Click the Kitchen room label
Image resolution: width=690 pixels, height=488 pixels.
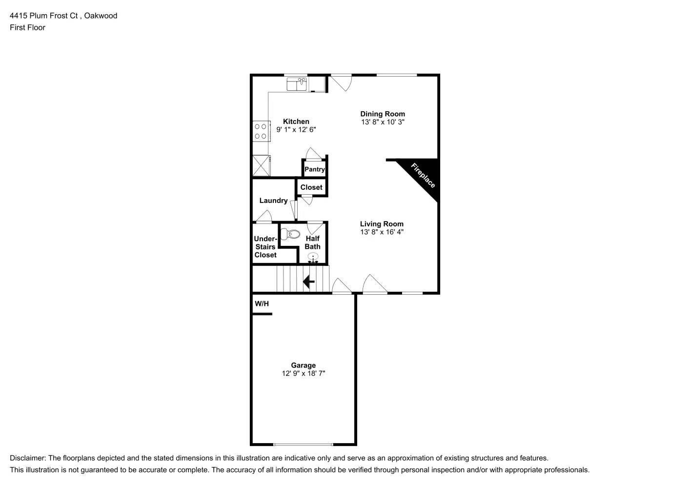click(x=296, y=122)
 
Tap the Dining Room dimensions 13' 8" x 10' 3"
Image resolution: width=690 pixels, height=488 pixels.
click(x=383, y=122)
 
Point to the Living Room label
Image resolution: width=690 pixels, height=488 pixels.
click(x=382, y=224)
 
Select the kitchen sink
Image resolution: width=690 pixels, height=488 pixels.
click(x=296, y=84)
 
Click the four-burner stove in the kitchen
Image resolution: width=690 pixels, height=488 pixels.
click(x=261, y=131)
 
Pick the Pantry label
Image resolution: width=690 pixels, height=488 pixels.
click(x=314, y=169)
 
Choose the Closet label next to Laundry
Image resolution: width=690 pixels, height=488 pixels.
click(x=311, y=187)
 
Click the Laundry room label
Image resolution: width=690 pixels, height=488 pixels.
click(x=273, y=201)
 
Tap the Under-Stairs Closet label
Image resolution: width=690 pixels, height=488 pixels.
click(x=265, y=247)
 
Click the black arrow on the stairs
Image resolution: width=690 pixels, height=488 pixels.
click(x=308, y=282)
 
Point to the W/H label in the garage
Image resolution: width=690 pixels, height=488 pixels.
click(x=262, y=304)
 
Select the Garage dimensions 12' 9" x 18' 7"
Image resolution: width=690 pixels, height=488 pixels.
click(x=303, y=373)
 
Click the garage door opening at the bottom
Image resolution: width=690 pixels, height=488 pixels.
click(x=303, y=444)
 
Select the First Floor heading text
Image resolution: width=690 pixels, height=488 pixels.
click(x=27, y=27)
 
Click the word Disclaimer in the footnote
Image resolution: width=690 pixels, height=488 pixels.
click(x=27, y=458)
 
